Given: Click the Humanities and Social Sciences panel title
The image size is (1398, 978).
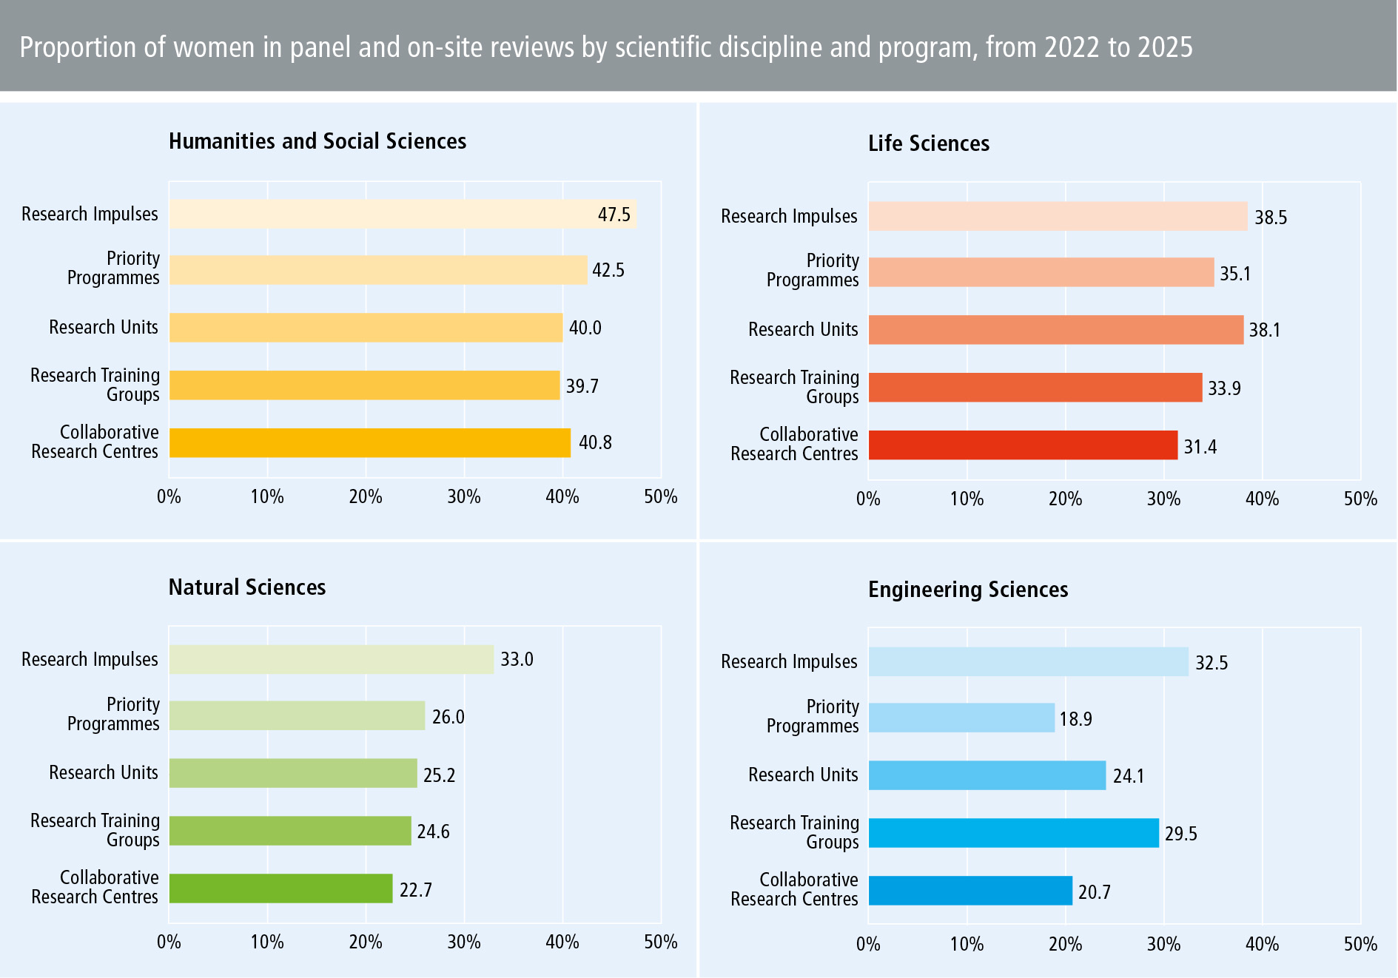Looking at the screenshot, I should pos(317,141).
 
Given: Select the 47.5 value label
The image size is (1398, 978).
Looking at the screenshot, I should pos(614,215).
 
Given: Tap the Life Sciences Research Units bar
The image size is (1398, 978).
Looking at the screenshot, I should pos(1055,330).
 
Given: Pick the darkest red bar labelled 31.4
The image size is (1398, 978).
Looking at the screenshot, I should pos(1023,445).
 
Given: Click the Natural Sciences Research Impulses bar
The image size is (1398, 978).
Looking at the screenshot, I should pos(331,659).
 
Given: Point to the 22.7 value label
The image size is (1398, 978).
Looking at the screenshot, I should pos(415,890).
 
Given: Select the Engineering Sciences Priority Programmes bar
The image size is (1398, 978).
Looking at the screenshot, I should pos(961,718).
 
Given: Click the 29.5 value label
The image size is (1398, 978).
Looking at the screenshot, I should pos(1180,834).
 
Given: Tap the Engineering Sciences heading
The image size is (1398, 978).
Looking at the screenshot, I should pos(967,590).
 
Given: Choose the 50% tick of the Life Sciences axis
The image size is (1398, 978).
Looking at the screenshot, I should pos(1360,499).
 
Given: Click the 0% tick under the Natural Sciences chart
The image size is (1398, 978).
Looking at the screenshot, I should pos(169,942).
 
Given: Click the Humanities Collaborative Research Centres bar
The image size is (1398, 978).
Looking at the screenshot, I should pos(369,443).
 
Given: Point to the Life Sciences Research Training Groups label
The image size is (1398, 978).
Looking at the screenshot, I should pos(794,387).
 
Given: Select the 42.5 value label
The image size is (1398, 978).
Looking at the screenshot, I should pos(608,270).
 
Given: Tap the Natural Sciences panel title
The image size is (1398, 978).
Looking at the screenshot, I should pos(247,587).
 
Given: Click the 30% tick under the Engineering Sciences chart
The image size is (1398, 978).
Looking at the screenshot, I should pos(1163,945).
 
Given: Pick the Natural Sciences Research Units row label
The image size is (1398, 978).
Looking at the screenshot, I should pos(104,773).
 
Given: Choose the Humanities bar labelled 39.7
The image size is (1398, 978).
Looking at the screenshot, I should pos(364,385).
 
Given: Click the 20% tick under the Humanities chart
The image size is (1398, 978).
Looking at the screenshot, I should pos(365,497).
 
